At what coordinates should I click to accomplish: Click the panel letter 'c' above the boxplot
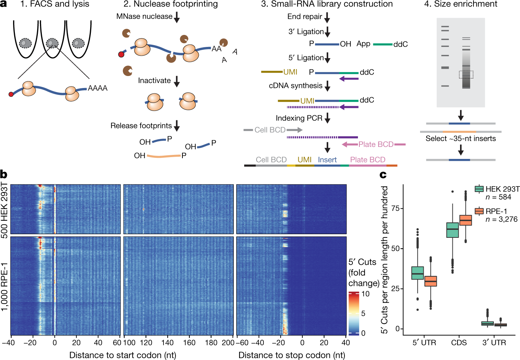(x=383, y=175)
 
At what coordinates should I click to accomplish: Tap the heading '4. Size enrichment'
(x=461, y=4)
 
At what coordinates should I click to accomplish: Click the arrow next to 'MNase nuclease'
(x=177, y=17)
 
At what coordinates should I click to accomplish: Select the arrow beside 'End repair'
(x=327, y=17)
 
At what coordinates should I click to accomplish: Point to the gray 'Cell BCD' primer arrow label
(x=270, y=130)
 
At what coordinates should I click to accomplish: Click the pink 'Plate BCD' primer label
(x=376, y=144)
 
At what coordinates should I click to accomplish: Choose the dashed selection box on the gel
(x=466, y=75)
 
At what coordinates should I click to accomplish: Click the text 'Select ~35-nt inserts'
(x=460, y=139)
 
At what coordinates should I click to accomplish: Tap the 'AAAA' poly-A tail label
(x=98, y=88)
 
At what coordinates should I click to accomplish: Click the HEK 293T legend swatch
(x=479, y=189)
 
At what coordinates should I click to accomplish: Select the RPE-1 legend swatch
(x=479, y=211)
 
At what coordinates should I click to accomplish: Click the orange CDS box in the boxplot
(x=465, y=220)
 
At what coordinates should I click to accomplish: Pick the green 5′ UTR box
(x=418, y=273)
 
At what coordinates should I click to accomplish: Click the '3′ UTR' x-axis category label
(x=494, y=343)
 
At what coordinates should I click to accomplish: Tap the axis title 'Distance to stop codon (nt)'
(x=291, y=355)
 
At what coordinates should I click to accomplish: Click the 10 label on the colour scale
(x=366, y=294)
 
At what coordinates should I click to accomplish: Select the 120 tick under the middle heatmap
(x=146, y=343)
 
